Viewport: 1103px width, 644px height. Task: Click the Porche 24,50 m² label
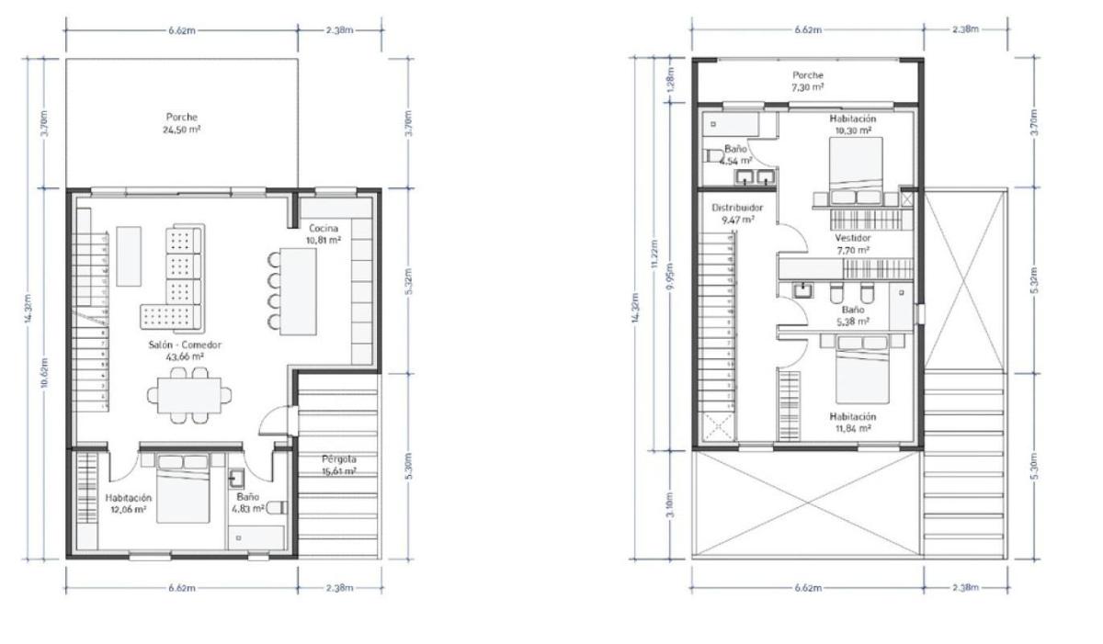[x=181, y=124]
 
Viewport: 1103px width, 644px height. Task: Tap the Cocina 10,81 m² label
[x=323, y=233]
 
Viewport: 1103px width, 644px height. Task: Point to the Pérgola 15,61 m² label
[x=339, y=465]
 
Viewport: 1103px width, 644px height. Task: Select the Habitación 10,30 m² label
[x=852, y=125]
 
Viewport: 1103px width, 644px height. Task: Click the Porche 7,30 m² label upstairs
[x=808, y=81]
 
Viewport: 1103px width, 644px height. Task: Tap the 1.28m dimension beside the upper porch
[x=669, y=83]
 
